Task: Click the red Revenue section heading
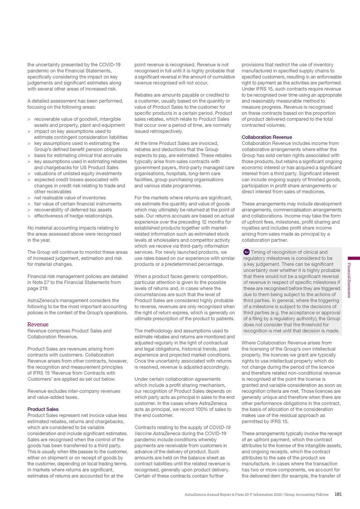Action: [x=37, y=325]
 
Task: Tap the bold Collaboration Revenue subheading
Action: [x=267, y=137]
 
